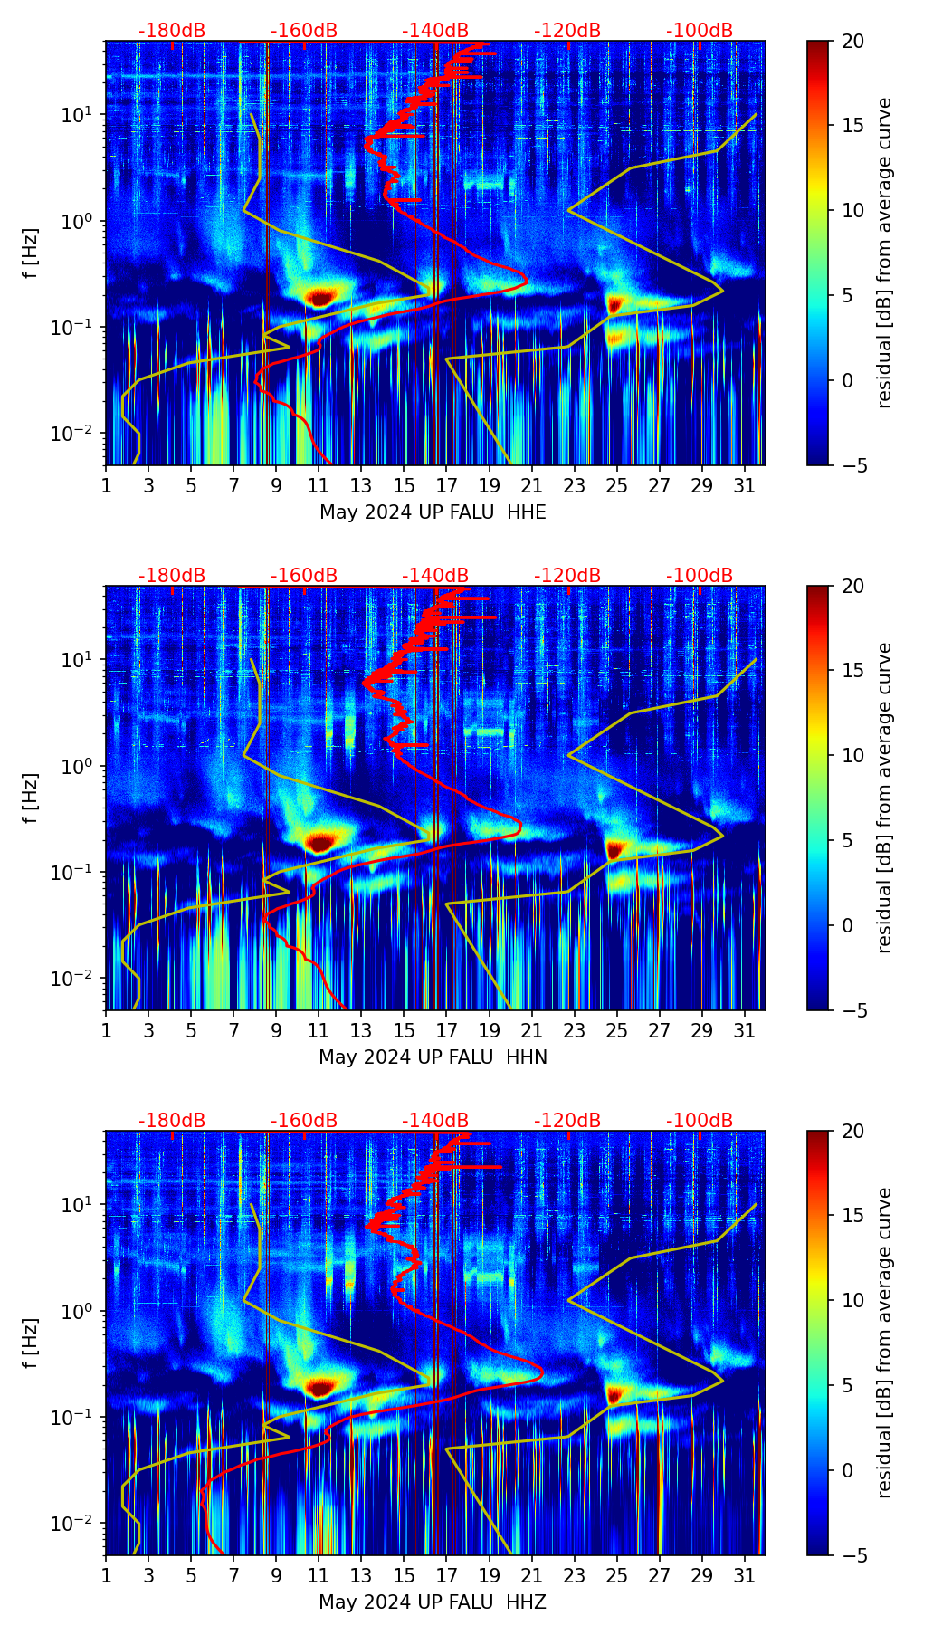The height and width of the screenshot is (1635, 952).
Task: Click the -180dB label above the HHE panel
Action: click(172, 31)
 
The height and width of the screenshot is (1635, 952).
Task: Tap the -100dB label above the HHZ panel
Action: click(700, 1121)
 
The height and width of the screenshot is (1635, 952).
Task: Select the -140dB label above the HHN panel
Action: click(435, 576)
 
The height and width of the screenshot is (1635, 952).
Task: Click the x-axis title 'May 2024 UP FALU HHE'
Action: click(433, 512)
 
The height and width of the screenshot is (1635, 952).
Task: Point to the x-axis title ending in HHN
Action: click(433, 1057)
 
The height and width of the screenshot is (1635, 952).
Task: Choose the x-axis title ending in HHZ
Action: click(433, 1602)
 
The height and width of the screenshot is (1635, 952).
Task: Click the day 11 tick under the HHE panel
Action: click(319, 485)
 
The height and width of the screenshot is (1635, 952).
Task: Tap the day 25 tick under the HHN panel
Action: click(616, 1030)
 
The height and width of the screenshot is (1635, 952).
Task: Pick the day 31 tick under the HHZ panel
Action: click(744, 1575)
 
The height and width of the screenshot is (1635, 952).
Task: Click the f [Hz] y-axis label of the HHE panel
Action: click(31, 253)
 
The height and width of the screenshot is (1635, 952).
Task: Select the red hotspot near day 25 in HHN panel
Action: click(615, 849)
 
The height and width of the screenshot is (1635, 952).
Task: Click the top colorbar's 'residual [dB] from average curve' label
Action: click(885, 253)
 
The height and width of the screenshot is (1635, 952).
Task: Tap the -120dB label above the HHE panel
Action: click(567, 31)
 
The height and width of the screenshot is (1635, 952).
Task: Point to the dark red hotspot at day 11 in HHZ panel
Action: click(320, 1386)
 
